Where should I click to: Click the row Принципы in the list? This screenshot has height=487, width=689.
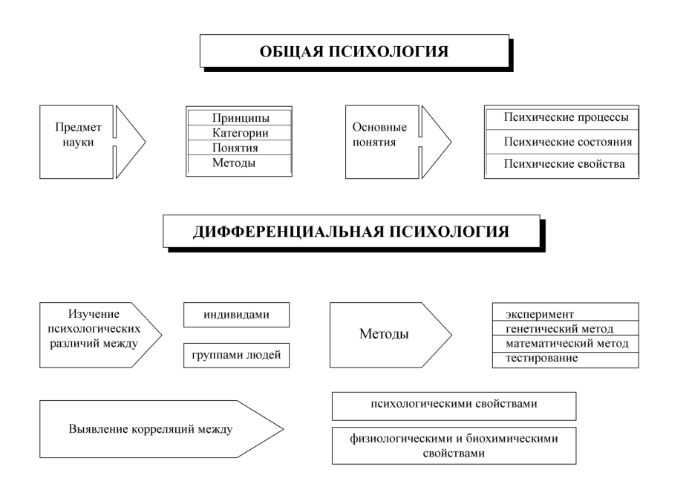pyautogui.click(x=240, y=118)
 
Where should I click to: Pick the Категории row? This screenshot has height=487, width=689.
pyautogui.click(x=240, y=133)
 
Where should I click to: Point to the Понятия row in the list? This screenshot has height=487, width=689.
pyautogui.click(x=240, y=148)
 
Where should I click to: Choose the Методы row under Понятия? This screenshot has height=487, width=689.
pyautogui.click(x=240, y=163)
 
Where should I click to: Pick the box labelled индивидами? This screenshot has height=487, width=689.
pyautogui.click(x=236, y=314)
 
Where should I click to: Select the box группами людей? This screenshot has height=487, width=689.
pyautogui.click(x=236, y=356)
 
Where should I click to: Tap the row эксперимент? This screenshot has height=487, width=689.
pyautogui.click(x=566, y=314)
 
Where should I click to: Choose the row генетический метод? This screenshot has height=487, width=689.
pyautogui.click(x=566, y=329)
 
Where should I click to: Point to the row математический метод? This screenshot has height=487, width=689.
pyautogui.click(x=566, y=344)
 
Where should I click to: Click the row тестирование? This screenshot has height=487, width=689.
pyautogui.click(x=566, y=359)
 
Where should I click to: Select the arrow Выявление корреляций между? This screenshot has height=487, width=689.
pyautogui.click(x=160, y=429)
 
